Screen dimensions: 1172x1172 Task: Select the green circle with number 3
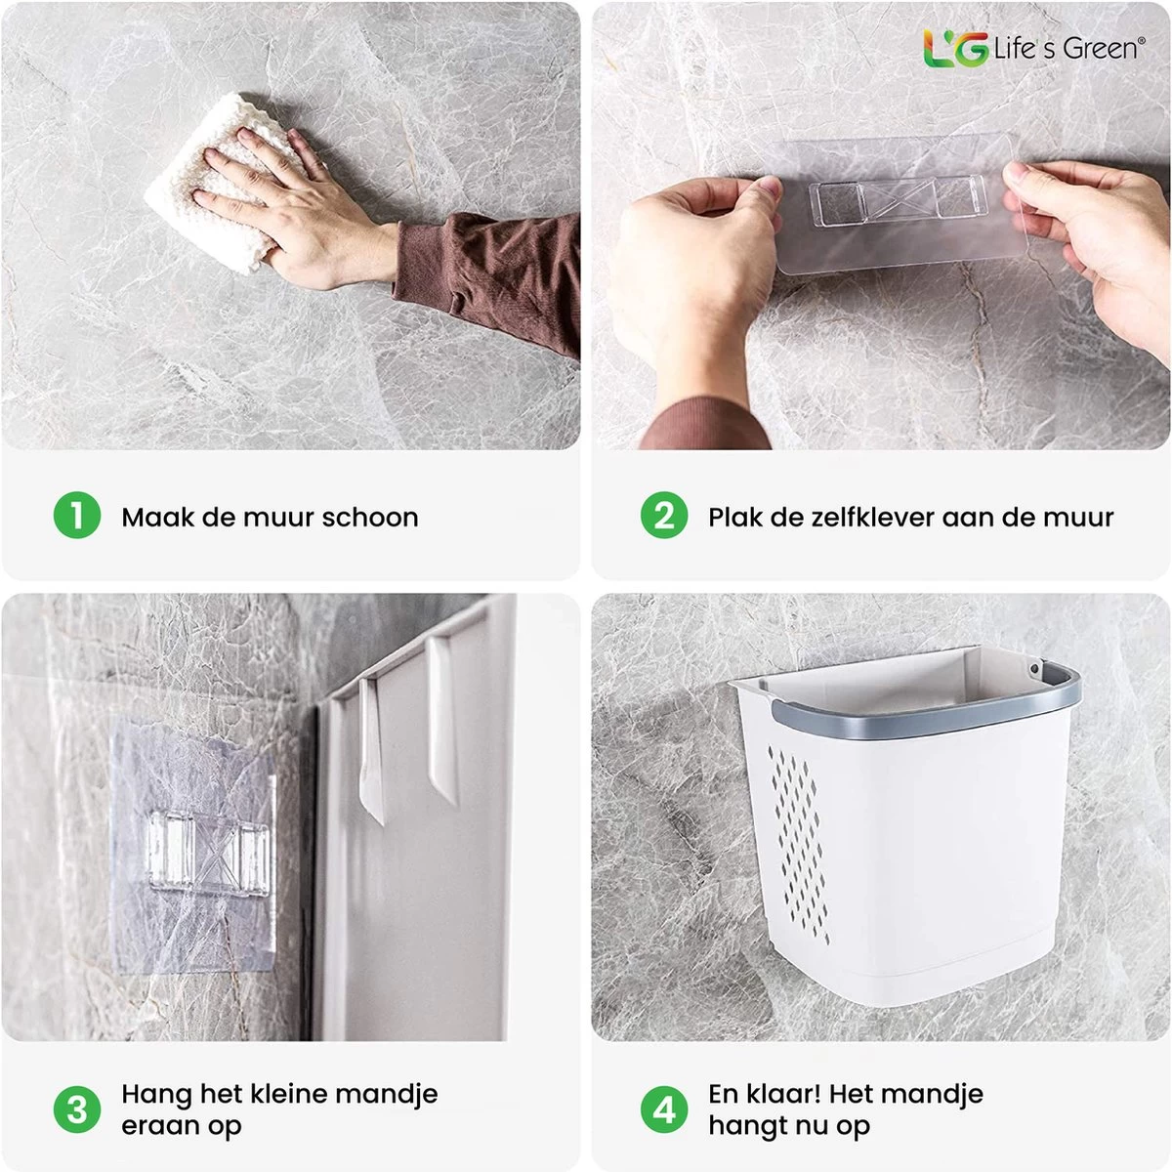point(77,1109)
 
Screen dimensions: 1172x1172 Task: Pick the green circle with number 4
point(664,1109)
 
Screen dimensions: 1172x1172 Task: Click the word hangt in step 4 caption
point(747,1125)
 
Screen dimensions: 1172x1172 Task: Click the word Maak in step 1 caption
point(156,517)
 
